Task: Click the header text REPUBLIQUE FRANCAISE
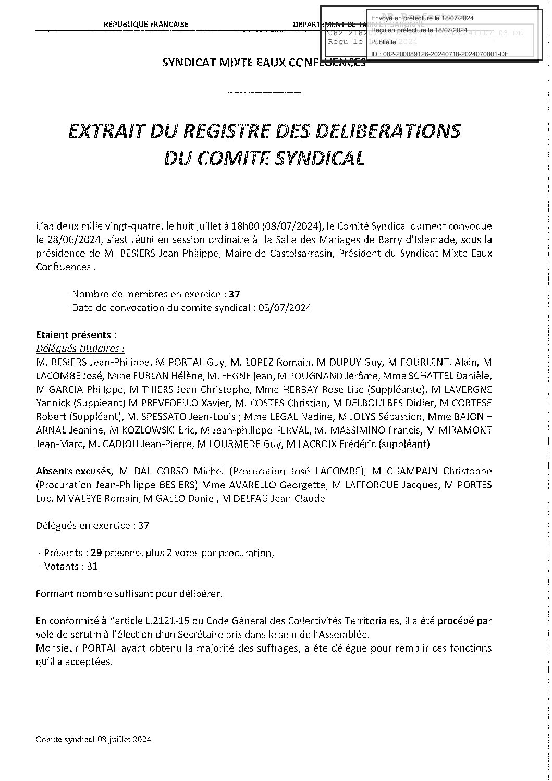(x=146, y=25)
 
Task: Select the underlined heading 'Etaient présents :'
(x=76, y=334)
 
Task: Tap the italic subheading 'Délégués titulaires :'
(x=80, y=348)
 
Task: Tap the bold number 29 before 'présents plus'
(x=96, y=552)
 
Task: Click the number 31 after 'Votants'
(x=92, y=566)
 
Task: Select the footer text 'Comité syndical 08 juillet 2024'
(x=94, y=739)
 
